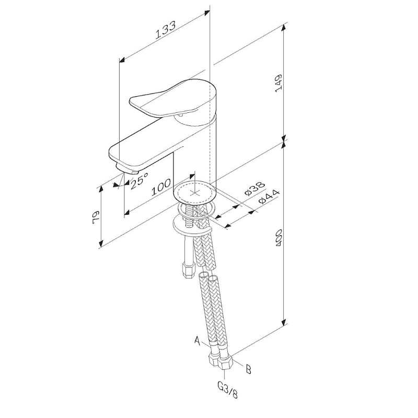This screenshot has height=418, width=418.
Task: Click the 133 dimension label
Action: pos(166,29)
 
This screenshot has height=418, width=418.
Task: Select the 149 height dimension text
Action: pos(278,83)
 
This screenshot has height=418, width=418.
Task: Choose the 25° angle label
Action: pos(139,180)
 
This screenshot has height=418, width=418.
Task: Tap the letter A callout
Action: pos(198,341)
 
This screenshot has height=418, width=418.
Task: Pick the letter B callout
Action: pos(248,369)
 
